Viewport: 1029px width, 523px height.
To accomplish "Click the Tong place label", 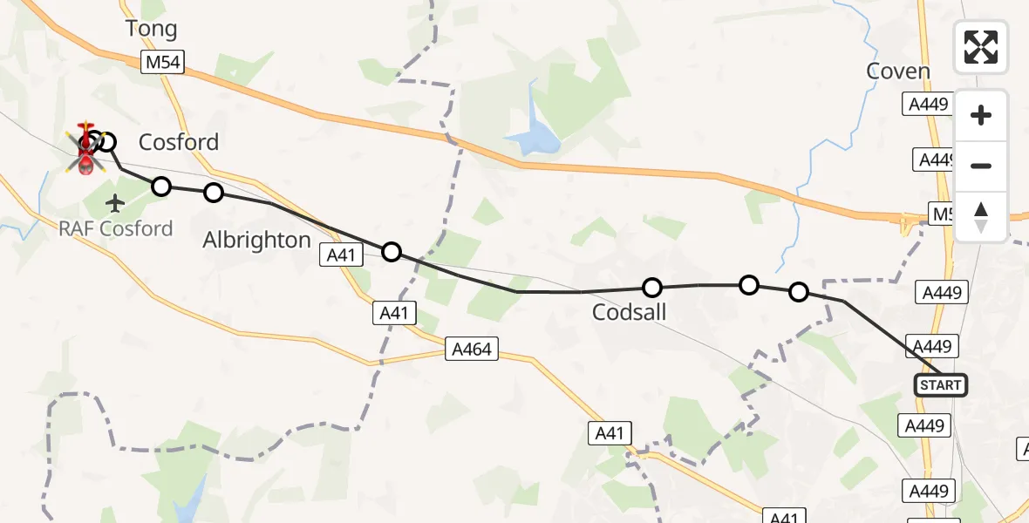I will (x=152, y=29).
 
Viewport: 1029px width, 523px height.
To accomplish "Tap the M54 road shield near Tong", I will (x=162, y=61).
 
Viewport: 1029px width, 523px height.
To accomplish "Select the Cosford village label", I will (x=179, y=142).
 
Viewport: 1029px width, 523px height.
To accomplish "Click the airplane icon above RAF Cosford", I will (x=114, y=204).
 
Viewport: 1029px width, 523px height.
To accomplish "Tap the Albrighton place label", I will (x=256, y=240).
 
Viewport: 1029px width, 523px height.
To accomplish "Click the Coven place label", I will (x=898, y=71).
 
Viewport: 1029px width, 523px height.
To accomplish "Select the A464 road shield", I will (x=472, y=350).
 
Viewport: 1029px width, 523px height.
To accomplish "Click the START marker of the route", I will (x=941, y=385).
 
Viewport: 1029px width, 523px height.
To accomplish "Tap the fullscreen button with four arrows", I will (x=981, y=47).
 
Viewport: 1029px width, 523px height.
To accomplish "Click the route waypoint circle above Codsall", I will (x=652, y=288).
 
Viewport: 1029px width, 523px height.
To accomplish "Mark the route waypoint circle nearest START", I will (x=799, y=292).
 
